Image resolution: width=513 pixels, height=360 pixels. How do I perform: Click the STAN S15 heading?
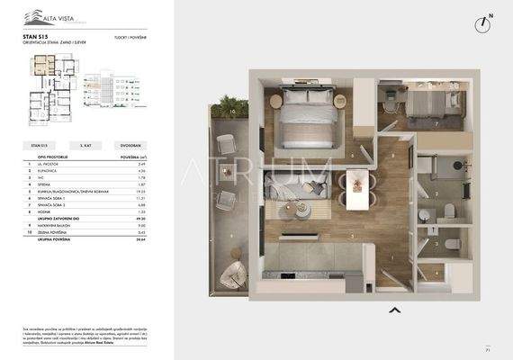pos(36,38)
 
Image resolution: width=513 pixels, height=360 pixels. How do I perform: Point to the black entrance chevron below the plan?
pos(393,310)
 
